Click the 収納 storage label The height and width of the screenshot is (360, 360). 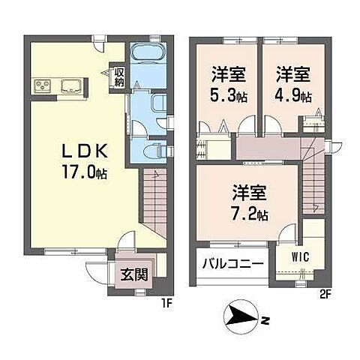click(x=119, y=76)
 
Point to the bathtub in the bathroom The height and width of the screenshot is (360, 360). click(x=145, y=54)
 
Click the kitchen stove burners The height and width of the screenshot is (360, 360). click(x=40, y=85)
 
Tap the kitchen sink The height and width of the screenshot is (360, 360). click(x=70, y=85)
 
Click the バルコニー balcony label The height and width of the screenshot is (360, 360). click(x=232, y=265)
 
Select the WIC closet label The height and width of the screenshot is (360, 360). click(x=301, y=257)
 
